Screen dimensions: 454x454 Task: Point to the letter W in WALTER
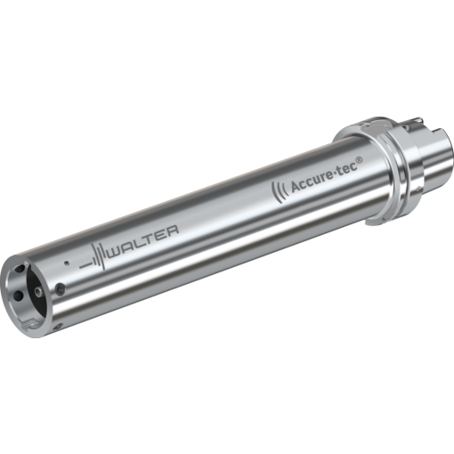coord(114,249)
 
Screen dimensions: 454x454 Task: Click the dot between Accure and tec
coord(336,172)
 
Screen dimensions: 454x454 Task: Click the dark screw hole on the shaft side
coord(59,288)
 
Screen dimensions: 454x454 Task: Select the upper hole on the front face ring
coord(18,264)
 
